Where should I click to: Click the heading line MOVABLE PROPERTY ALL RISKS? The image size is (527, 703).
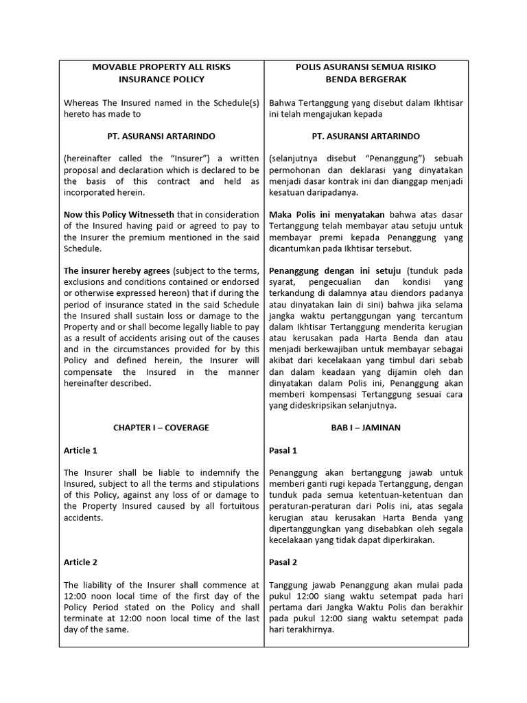[161, 67]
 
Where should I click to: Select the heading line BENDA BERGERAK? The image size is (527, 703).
[366, 80]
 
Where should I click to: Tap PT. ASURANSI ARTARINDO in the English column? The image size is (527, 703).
[161, 137]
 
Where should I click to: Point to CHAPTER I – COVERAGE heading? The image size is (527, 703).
[161, 428]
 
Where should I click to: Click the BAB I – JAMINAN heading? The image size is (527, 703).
[366, 428]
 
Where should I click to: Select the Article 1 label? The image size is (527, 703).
[80, 450]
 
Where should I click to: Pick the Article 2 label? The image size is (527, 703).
[80, 562]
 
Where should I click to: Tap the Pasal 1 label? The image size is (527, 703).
[283, 450]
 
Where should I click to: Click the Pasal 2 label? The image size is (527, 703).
[283, 562]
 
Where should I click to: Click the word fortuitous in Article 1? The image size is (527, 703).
[235, 506]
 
